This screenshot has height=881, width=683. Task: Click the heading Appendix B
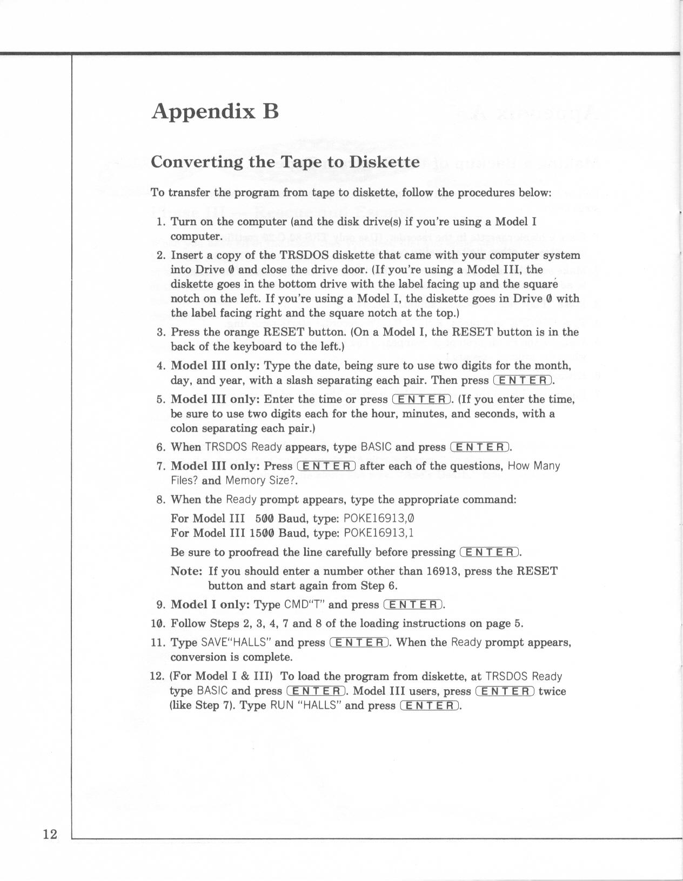pos(215,111)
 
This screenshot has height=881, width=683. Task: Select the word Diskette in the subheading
pos(384,162)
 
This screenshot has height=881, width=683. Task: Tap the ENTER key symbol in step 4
pos(523,380)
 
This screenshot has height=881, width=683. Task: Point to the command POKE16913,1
pos(379,533)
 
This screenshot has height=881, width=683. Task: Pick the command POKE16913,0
pos(379,519)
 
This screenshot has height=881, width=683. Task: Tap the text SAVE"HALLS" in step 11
pos(236,643)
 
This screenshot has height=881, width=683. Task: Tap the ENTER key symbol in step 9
pos(413,604)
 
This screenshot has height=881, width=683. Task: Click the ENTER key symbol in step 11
pos(359,643)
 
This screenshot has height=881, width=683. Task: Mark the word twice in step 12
pos(552,691)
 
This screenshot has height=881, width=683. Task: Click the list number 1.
pos(160,222)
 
